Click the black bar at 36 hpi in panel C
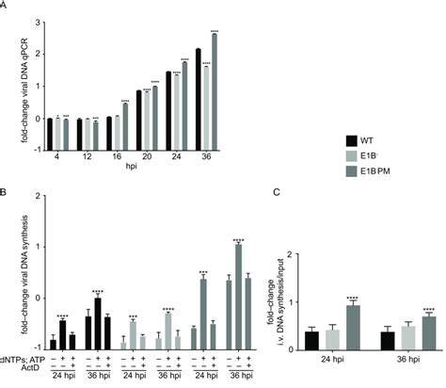click(388, 341)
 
